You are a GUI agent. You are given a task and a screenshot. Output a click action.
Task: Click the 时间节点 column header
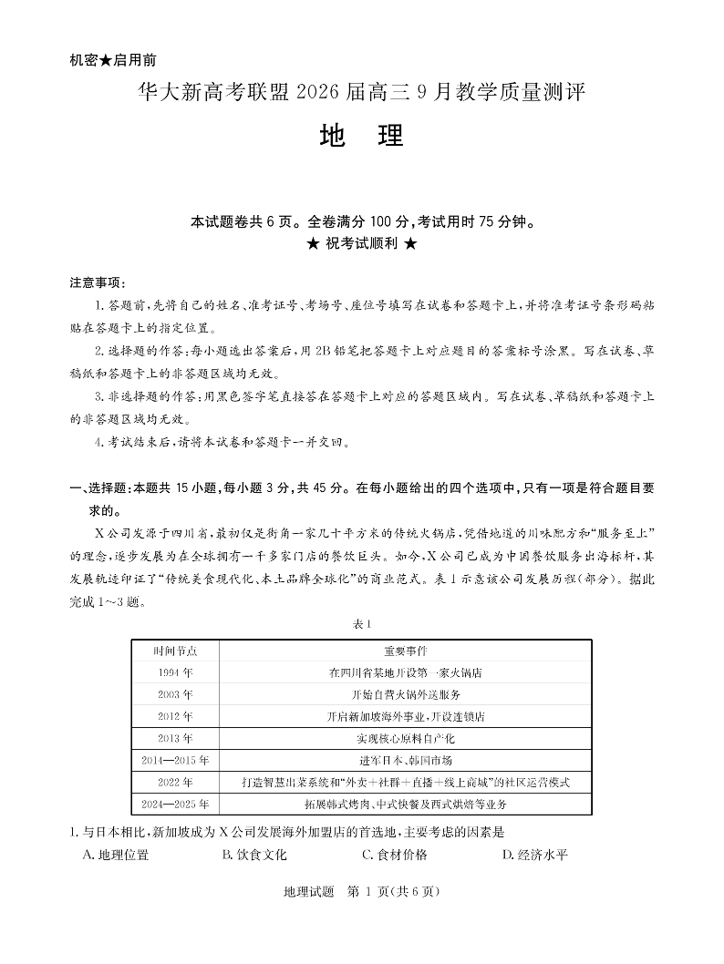[175, 651]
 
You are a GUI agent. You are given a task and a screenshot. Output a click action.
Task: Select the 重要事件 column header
[405, 651]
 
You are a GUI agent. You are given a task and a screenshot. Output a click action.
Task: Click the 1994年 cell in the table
[175, 673]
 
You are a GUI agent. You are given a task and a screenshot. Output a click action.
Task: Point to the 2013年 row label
[175, 738]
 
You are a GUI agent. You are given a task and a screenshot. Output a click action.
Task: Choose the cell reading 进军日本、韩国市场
[405, 760]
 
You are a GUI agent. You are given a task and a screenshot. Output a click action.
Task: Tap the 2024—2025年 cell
[175, 804]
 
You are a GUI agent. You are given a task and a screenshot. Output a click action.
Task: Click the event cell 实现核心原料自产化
[405, 738]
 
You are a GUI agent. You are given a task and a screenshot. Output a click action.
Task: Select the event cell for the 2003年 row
[405, 695]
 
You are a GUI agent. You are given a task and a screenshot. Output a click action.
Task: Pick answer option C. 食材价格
[394, 855]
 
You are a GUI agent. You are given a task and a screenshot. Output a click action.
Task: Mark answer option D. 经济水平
[534, 855]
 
